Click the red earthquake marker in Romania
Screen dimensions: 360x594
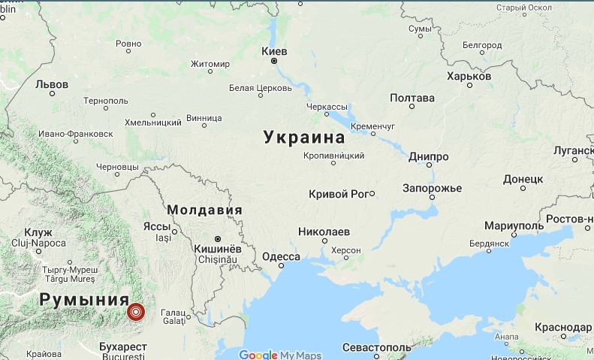click(136, 311)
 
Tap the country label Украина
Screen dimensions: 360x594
click(304, 138)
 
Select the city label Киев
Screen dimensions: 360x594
click(273, 51)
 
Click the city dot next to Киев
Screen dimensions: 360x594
click(274, 61)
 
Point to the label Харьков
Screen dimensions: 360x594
click(469, 76)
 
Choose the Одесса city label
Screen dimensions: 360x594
click(282, 257)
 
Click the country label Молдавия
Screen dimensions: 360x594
click(204, 210)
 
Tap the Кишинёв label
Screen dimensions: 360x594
click(218, 249)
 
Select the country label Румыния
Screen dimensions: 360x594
click(83, 299)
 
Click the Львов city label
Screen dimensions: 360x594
click(52, 84)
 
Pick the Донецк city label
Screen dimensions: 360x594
click(523, 180)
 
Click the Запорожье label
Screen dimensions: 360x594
click(431, 187)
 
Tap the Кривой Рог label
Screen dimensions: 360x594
click(338, 194)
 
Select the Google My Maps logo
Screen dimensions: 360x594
click(280, 355)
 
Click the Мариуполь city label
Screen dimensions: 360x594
click(514, 226)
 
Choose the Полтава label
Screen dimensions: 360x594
click(412, 98)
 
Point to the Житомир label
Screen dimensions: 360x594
click(210, 64)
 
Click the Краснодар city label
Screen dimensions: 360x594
click(563, 328)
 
